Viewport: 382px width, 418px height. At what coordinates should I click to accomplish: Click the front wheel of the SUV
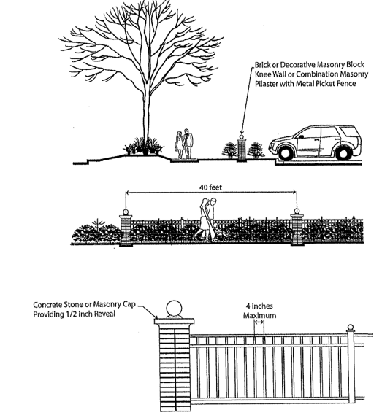point(285,153)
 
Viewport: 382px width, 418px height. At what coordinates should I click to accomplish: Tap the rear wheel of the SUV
point(343,153)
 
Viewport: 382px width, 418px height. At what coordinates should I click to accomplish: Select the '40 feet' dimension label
point(210,187)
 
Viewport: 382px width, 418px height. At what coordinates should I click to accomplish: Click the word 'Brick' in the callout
point(262,65)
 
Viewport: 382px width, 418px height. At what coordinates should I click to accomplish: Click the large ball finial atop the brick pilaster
point(174,309)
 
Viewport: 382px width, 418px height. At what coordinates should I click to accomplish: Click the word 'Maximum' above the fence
point(259,316)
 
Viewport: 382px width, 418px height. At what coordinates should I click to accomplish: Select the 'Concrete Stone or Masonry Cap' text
point(84,304)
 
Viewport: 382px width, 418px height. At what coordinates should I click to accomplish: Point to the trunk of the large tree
point(146,107)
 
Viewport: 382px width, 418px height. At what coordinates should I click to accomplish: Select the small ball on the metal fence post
point(351,327)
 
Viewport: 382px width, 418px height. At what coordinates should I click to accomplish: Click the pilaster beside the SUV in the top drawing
point(242,148)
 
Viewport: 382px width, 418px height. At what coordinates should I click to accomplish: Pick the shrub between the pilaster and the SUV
point(256,150)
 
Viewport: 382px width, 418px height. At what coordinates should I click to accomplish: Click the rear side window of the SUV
point(348,131)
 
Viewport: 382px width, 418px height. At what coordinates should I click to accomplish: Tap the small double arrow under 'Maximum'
point(259,322)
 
